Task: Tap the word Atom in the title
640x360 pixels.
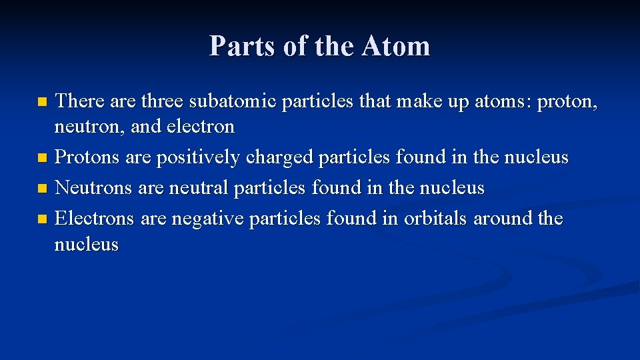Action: [396, 46]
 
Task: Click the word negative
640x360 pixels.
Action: [207, 219]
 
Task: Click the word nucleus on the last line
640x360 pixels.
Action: [86, 245]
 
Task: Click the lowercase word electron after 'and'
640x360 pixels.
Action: [201, 127]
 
